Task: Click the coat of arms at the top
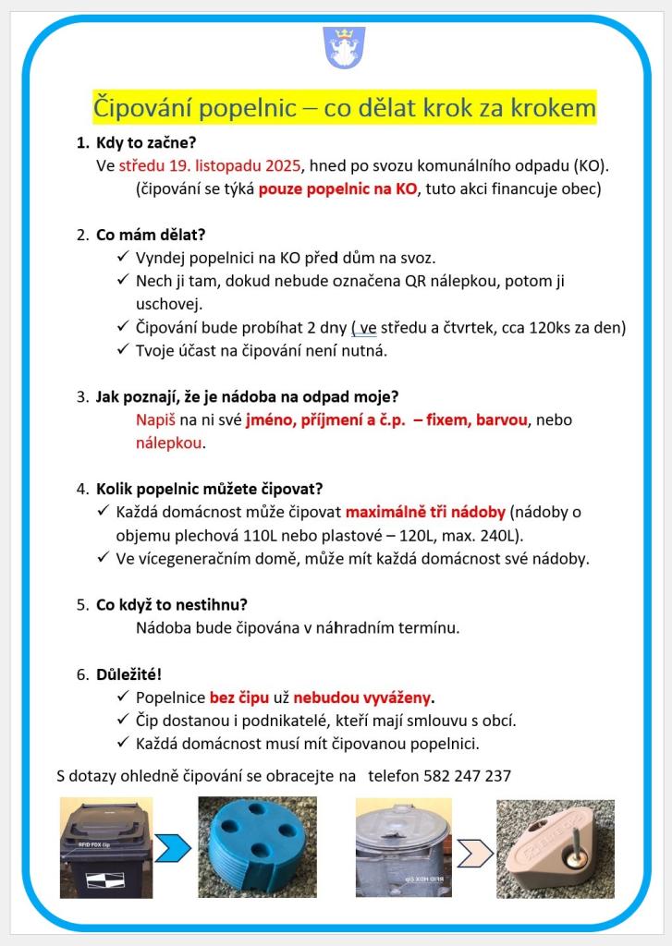coord(343,47)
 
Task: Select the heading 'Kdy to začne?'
coord(146,143)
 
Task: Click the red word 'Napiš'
coord(155,420)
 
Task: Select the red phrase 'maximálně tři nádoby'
coord(425,512)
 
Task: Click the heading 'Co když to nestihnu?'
coord(172,605)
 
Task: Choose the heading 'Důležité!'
coord(128,674)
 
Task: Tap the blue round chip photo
coord(257,847)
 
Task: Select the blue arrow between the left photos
coord(174,846)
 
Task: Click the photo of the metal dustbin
coord(403,847)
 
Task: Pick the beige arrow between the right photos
coord(474,847)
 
